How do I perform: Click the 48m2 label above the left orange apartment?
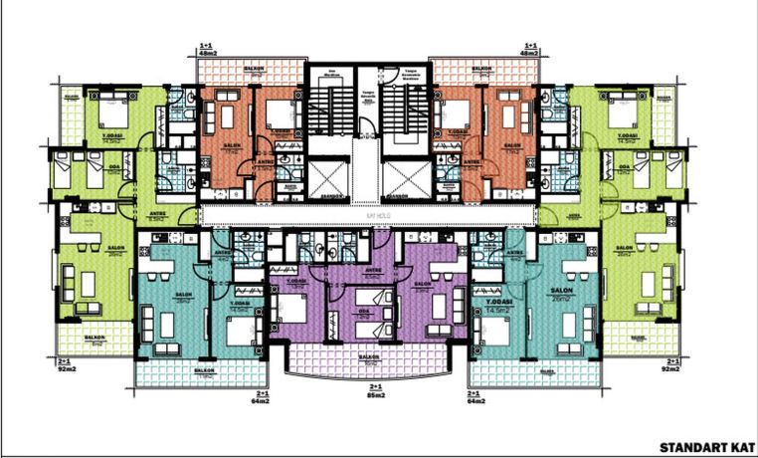tap(207, 51)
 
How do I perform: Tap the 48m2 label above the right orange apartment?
tap(541, 51)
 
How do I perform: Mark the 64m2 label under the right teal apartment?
tap(478, 401)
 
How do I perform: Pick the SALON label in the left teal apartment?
tap(183, 295)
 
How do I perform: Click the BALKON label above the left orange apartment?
tap(254, 68)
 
